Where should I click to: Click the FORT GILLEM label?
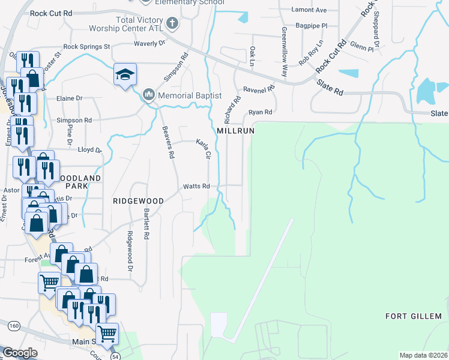tap(414, 316)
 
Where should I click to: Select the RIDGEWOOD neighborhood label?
tap(138, 201)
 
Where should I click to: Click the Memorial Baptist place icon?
tap(149, 95)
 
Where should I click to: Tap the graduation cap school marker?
tap(126, 75)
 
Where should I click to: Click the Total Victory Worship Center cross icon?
tap(172, 24)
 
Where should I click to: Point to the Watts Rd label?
tap(196, 186)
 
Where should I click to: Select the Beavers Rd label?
tap(167, 142)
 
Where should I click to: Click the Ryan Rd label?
tap(260, 112)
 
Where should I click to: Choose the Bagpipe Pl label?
tap(315, 26)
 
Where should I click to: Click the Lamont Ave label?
tap(309, 10)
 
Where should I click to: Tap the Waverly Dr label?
tap(150, 43)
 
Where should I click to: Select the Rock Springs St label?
tap(87, 46)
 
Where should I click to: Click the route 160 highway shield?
tap(14, 325)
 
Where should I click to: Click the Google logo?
tap(20, 353)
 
